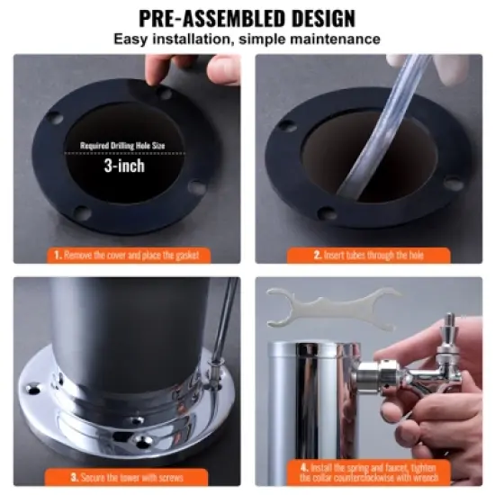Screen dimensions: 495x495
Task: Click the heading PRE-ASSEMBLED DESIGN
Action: pos(247,17)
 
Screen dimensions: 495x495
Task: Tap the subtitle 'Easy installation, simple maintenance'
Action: pos(247,39)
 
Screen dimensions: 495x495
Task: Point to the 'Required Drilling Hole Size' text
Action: pos(125,144)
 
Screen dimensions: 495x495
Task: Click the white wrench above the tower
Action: pos(333,306)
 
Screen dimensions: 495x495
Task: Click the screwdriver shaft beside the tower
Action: pos(225,324)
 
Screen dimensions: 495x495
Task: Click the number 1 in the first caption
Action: pos(58,255)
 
